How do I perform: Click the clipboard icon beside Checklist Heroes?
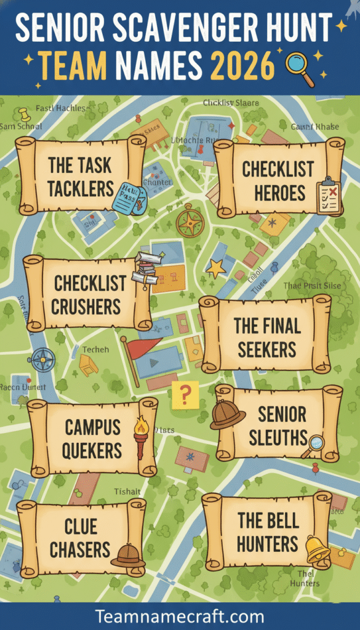click(328, 196)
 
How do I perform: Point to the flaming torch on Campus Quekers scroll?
click(141, 435)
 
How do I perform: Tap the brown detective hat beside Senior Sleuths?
click(227, 415)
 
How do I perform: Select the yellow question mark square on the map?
click(185, 394)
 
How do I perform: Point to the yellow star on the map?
click(215, 268)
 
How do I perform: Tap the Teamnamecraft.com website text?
click(180, 616)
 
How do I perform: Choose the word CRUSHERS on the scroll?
click(86, 307)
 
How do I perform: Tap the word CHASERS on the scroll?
click(80, 549)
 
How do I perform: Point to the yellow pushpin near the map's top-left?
click(24, 114)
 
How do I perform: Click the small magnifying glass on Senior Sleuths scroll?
click(315, 444)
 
